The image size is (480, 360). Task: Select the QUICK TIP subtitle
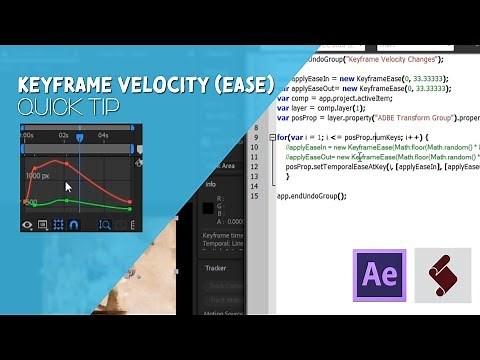point(61,107)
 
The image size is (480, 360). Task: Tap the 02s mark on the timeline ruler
point(63,133)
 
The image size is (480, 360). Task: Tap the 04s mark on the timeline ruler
point(103,133)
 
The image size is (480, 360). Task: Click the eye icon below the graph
point(27,225)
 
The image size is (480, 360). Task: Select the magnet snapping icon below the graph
point(74,225)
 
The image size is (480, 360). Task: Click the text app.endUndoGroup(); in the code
point(311,196)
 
